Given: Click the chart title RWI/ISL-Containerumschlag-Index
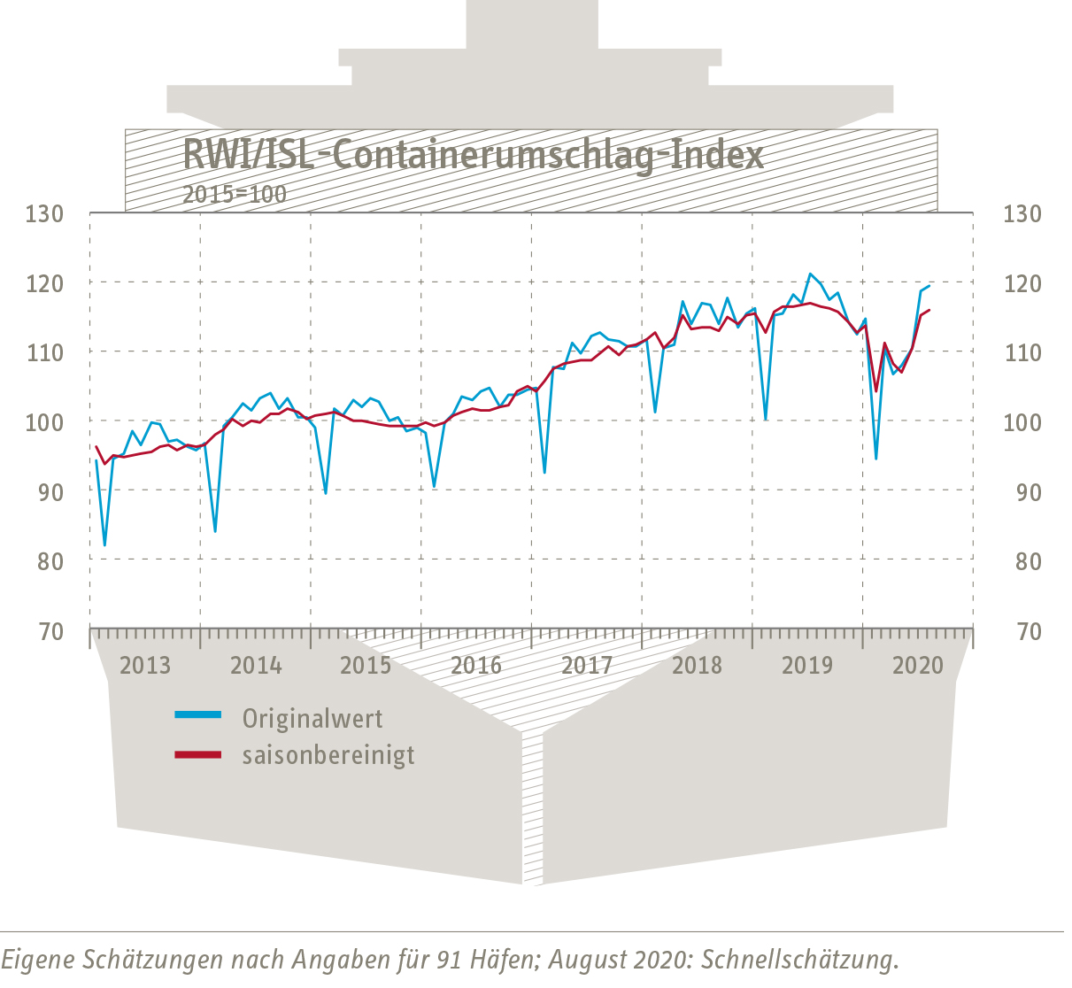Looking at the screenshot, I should [x=473, y=156].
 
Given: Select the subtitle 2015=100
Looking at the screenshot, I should [x=235, y=195].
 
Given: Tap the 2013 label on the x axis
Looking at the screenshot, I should [x=144, y=665].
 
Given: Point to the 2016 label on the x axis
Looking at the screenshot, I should [x=476, y=665].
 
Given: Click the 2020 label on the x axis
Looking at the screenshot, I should [x=918, y=665].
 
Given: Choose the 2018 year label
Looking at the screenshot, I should [x=697, y=665].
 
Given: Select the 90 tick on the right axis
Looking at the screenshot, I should [x=1022, y=492].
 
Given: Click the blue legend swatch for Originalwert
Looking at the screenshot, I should [x=197, y=714].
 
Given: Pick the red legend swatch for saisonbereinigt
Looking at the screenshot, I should [x=197, y=754].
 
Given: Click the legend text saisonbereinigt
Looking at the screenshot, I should [x=328, y=755].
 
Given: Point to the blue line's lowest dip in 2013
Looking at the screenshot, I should [x=104, y=544].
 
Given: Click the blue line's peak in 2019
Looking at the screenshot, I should [x=809, y=274].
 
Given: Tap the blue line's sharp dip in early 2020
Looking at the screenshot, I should [x=876, y=458].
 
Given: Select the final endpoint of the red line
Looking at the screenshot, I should [x=929, y=310].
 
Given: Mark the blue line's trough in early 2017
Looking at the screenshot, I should [x=544, y=472].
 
